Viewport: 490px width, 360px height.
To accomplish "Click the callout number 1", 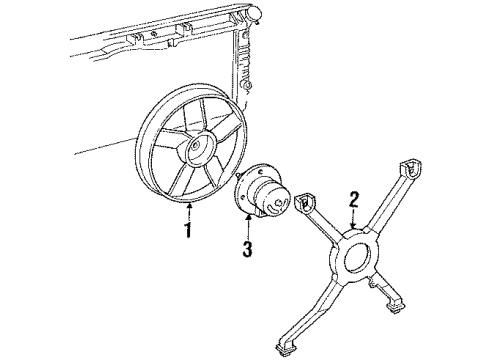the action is coord(188,230).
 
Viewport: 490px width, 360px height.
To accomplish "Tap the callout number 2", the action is coord(353,201).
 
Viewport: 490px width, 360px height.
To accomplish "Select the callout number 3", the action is coord(247,249).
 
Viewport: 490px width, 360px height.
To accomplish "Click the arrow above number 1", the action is coord(189,211).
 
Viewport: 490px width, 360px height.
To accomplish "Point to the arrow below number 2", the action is coord(354,219).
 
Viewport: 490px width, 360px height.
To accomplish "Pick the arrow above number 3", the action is coord(248,226).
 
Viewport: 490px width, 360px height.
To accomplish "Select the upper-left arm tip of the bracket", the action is coord(306,201).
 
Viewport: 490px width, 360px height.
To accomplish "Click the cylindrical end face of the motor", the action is coord(279,203).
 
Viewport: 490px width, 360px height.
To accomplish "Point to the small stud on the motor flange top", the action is coord(237,175).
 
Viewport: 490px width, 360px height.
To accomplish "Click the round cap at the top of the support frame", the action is coord(253,14).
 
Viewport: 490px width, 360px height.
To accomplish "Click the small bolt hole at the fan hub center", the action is coord(195,145).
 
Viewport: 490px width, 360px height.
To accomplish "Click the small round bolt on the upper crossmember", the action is coord(154,33).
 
